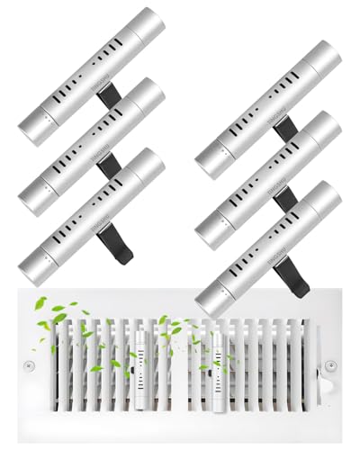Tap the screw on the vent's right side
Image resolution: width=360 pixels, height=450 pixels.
[x=333, y=366]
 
